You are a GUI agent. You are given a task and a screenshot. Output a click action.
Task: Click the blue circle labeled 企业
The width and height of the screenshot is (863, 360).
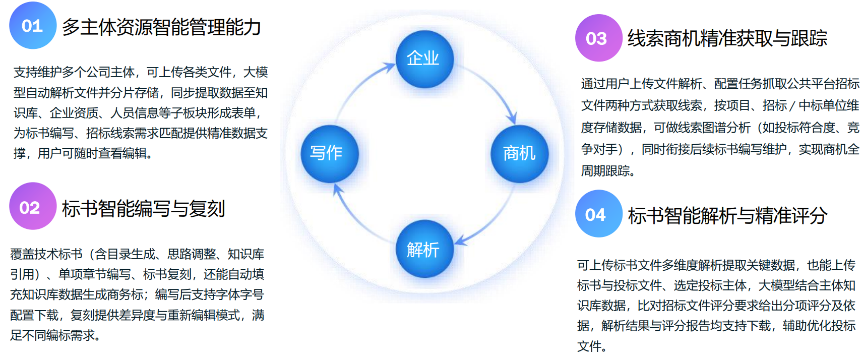click(424, 59)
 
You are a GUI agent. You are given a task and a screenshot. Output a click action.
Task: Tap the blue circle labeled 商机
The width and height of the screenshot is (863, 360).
click(519, 153)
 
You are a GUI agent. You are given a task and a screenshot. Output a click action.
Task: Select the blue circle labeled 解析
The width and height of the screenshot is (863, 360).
click(424, 249)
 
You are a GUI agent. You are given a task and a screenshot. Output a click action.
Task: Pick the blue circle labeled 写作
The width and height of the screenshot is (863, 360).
click(329, 153)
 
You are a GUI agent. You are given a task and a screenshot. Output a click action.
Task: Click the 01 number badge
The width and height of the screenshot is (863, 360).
click(33, 25)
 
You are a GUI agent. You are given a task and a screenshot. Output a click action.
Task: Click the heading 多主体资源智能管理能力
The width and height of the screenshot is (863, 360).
click(161, 27)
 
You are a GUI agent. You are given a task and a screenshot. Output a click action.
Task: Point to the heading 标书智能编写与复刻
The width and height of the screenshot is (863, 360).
click(143, 208)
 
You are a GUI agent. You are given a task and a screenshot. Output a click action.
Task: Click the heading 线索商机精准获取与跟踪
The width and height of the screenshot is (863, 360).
click(727, 38)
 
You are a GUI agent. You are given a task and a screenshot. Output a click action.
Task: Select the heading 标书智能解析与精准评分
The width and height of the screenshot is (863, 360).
click(727, 215)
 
